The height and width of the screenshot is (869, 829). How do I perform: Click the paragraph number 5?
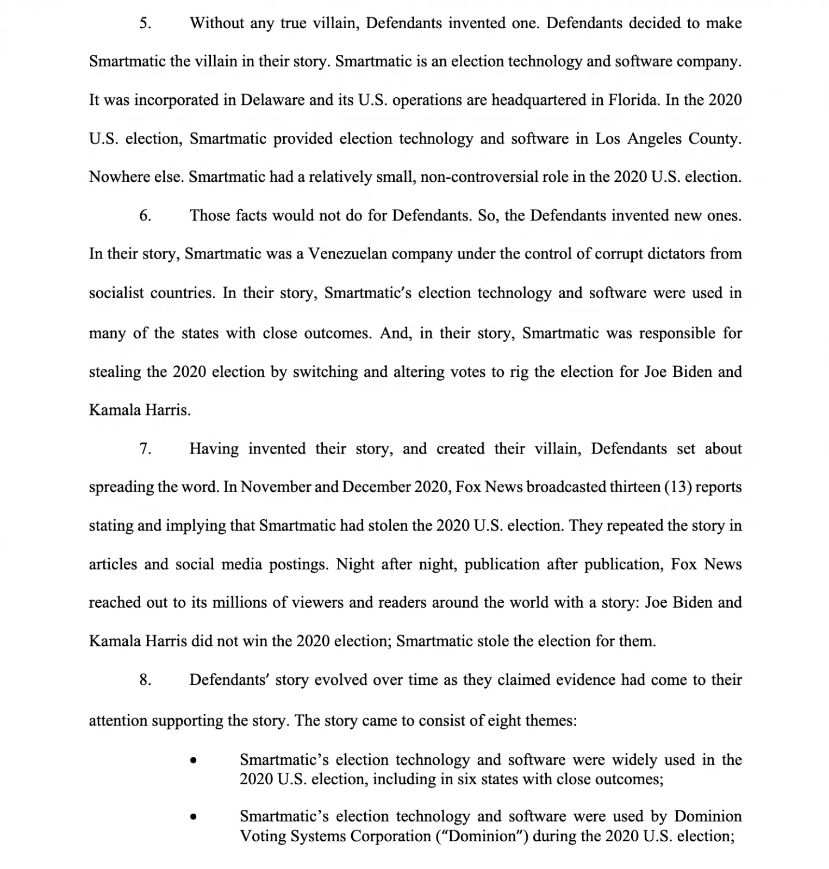(145, 23)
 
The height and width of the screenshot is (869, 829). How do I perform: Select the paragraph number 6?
(145, 216)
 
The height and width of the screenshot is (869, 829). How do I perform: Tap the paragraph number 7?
(145, 449)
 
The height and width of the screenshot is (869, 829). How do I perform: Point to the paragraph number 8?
(145, 680)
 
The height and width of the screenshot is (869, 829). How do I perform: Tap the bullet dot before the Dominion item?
(193, 817)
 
